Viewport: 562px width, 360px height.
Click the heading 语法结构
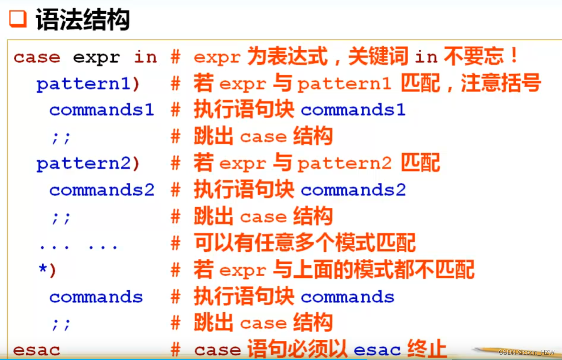click(x=82, y=20)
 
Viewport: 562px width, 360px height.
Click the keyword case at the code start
click(x=37, y=58)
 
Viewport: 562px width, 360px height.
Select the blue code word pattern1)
click(x=88, y=84)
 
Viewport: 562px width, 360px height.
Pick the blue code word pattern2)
click(x=88, y=164)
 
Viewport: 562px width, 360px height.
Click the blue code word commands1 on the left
click(x=102, y=110)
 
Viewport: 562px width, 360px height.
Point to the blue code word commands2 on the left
click(x=102, y=191)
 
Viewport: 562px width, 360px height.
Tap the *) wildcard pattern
click(x=47, y=270)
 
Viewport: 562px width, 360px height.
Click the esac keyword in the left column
click(x=37, y=350)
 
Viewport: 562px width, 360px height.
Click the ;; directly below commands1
click(x=61, y=138)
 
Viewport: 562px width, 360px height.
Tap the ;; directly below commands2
click(x=61, y=218)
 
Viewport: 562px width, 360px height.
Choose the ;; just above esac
click(x=61, y=324)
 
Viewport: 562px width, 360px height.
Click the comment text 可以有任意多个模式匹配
click(x=305, y=244)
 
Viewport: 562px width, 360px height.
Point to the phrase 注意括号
click(x=501, y=84)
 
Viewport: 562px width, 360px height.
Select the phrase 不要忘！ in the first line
click(x=481, y=57)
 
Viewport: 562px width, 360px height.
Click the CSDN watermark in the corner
click(x=526, y=352)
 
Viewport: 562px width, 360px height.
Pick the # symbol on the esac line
click(x=176, y=350)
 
